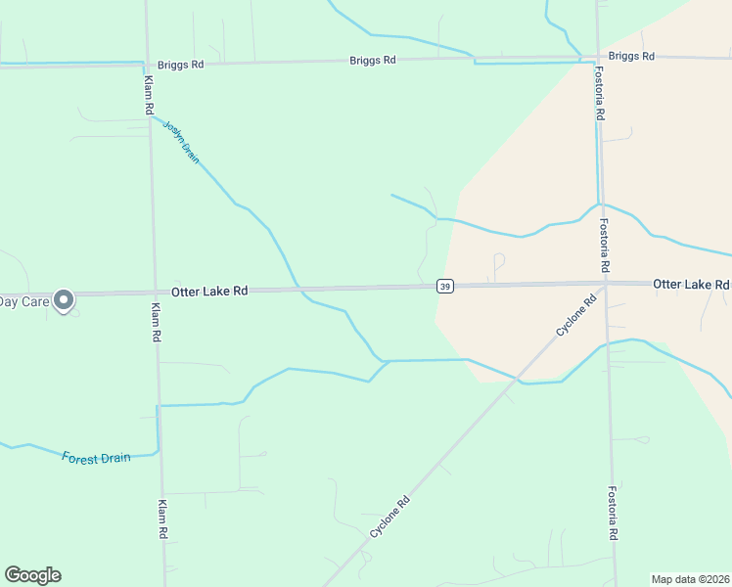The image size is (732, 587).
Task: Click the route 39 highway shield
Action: point(445,286)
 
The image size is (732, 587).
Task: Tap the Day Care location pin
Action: point(65,301)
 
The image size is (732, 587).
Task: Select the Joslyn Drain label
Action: point(181,141)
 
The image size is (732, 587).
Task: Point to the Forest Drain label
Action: point(96,458)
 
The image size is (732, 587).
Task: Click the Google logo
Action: point(32,575)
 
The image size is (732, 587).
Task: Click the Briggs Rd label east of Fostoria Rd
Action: point(630,56)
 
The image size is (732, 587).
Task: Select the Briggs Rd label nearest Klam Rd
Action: point(181,65)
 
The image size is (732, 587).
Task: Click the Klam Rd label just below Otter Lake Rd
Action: point(156,321)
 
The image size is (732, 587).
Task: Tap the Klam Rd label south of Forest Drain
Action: point(162,520)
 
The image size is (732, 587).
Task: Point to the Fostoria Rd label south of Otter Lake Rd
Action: point(614,514)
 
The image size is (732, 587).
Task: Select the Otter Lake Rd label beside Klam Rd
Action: point(209,292)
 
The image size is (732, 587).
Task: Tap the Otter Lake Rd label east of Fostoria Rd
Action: point(691,284)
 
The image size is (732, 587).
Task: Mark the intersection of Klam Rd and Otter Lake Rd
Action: point(155,292)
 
